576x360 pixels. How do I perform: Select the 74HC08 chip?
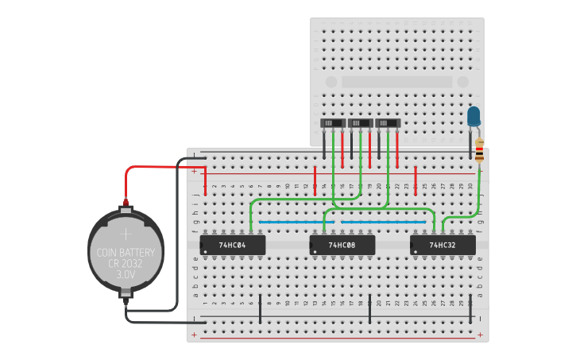[342, 245]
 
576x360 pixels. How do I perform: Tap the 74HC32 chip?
[443, 245]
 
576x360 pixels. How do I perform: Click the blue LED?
[474, 117]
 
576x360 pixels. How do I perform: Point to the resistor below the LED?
[479, 149]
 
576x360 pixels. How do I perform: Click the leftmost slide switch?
[333, 123]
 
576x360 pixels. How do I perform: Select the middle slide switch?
[360, 123]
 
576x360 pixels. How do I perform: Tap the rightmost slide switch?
[388, 123]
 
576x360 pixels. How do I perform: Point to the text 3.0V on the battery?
[126, 273]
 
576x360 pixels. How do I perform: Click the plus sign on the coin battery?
[126, 234]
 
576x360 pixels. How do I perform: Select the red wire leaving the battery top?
[159, 168]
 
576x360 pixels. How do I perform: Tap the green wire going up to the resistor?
[479, 195]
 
